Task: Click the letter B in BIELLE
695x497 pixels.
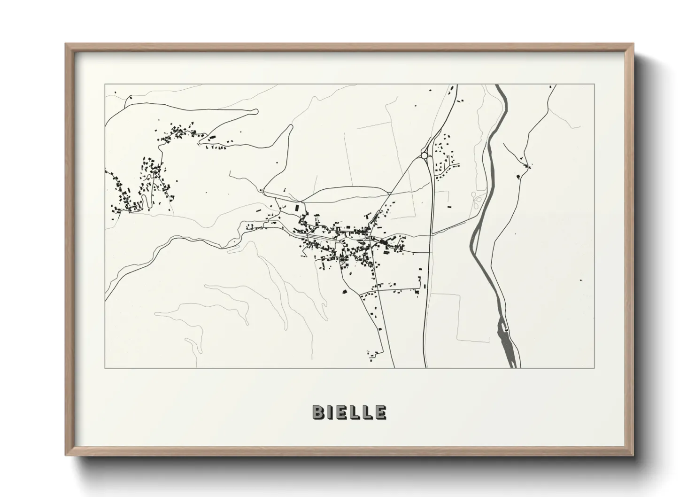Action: (x=318, y=412)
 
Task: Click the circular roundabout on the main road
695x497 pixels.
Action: (x=425, y=155)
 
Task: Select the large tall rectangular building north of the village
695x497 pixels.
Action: (x=296, y=208)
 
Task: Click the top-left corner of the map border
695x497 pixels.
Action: (x=105, y=85)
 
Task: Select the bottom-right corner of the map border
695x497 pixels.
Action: (x=595, y=368)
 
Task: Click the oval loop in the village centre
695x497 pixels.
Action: (x=343, y=259)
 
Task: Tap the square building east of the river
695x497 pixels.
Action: (x=518, y=177)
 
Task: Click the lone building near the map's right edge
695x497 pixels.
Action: (x=581, y=280)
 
